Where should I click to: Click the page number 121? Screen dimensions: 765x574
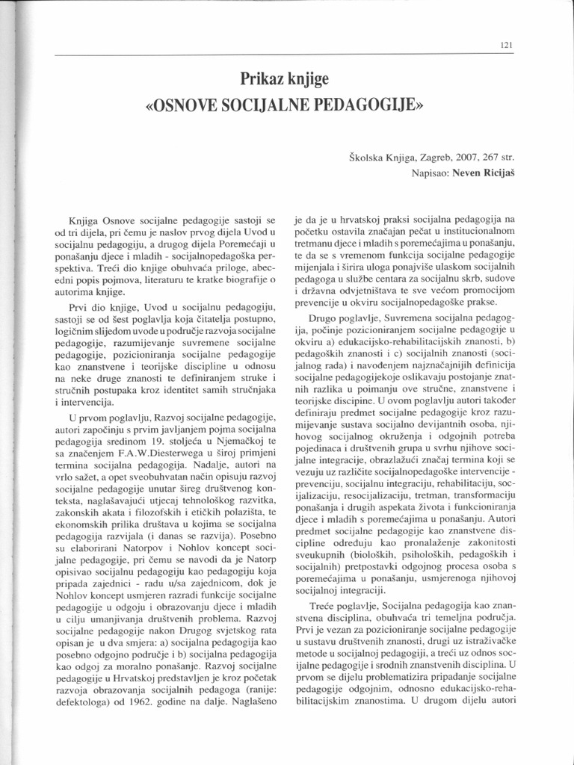[x=506, y=45]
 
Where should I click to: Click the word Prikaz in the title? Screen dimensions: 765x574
[x=262, y=78]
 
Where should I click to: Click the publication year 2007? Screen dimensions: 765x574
[x=469, y=158]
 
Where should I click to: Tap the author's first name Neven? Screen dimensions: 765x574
[x=468, y=173]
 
